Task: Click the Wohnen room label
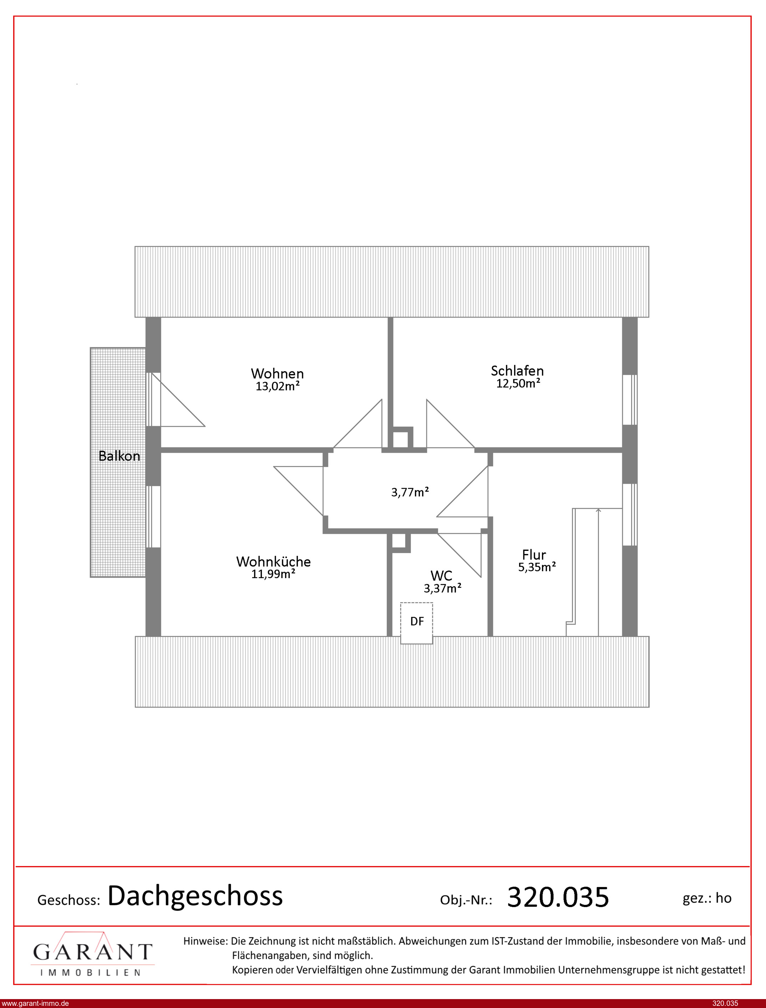(277, 373)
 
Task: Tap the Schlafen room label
(517, 371)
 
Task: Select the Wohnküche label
(273, 561)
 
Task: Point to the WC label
(441, 575)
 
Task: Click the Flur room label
(534, 554)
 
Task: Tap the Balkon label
(119, 456)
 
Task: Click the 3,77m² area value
(410, 492)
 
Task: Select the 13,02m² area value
(277, 386)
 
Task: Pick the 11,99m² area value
(273, 574)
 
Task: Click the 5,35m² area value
(537, 567)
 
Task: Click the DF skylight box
(416, 623)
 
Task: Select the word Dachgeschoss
(195, 895)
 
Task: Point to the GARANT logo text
(92, 952)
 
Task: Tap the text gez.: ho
(707, 898)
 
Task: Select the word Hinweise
(205, 941)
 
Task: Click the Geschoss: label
(69, 900)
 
